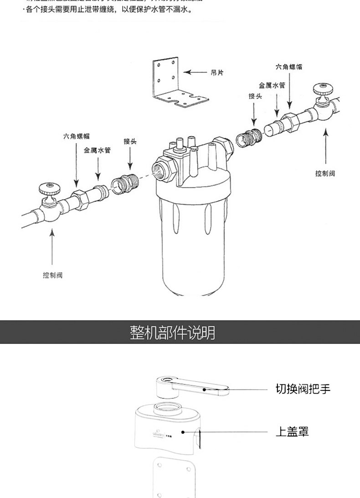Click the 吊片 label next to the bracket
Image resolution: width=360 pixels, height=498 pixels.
217,73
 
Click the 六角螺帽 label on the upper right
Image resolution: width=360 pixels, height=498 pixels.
288,67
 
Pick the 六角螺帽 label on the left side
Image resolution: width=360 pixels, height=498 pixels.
76,136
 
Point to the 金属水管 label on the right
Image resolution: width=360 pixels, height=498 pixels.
272,85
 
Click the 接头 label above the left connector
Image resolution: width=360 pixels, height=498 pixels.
130,141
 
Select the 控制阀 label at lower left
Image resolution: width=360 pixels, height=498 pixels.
52,276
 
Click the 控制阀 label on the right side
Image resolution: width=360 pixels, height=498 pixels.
325,174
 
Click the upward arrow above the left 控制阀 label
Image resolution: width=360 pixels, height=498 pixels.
52,247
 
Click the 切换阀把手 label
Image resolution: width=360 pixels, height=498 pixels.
303,389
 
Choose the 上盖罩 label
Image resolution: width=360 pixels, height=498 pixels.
292,431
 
